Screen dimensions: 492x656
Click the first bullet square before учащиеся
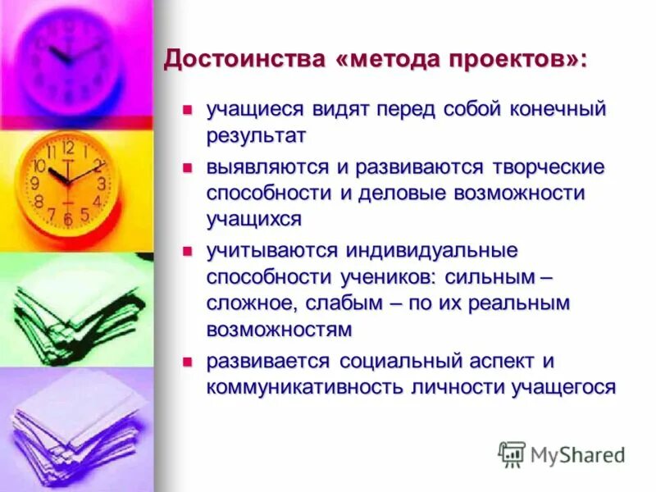click(x=187, y=108)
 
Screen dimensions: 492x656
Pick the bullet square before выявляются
click(x=187, y=167)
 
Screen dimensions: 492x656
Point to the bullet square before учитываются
click(x=187, y=249)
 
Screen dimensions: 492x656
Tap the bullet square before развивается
click(x=187, y=360)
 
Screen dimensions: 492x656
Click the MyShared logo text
click(x=576, y=453)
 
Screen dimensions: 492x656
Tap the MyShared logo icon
click(x=512, y=453)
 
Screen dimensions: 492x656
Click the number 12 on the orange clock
click(x=67, y=148)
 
